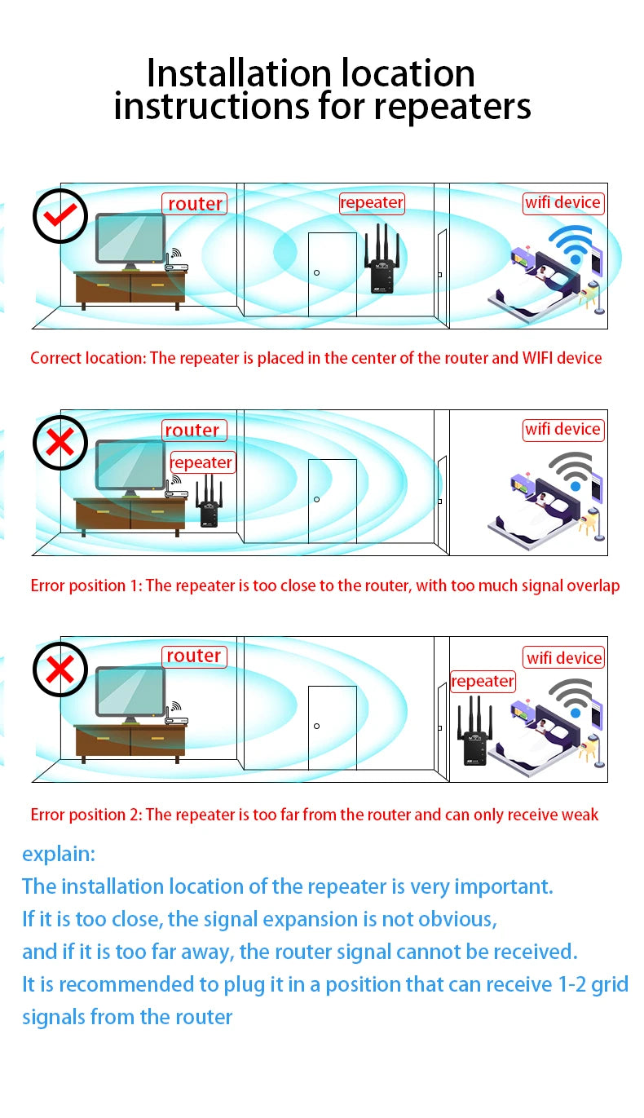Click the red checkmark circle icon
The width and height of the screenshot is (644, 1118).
pos(60,215)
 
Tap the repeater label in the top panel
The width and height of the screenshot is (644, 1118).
pos(372,202)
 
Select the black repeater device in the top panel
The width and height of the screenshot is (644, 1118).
pos(380,263)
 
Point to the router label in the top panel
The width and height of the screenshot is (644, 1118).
pos(194,204)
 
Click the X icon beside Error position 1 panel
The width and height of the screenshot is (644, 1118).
pos(60,443)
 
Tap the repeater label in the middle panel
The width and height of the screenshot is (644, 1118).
pos(201,462)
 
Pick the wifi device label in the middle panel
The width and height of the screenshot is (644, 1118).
pos(562,429)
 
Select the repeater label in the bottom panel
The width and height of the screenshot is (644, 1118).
pos(483,681)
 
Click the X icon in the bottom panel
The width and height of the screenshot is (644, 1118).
pos(60,669)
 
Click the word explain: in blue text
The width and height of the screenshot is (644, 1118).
pos(59,854)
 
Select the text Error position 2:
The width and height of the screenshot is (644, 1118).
pos(86,815)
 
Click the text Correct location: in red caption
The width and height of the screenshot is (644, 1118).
pos(88,358)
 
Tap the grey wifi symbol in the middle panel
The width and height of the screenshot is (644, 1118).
pos(571,471)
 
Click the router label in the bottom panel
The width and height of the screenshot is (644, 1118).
pos(193,656)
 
